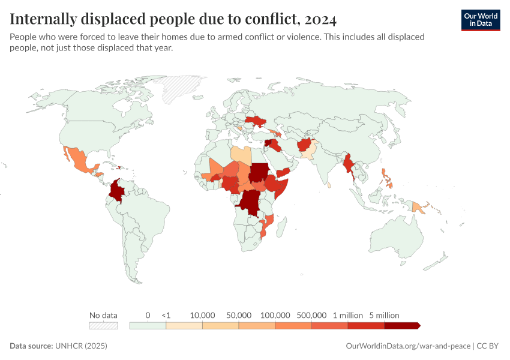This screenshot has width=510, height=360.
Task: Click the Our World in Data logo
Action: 480,20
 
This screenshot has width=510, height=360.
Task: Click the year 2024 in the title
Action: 320,19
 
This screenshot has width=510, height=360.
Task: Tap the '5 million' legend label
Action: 384,315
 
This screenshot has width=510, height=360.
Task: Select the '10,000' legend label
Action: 202,315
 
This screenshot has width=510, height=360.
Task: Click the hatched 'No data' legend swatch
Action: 103,325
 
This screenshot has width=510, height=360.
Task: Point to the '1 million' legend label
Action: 348,315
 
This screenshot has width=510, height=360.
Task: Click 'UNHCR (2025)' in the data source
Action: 81,346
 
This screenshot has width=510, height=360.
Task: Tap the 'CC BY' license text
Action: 488,346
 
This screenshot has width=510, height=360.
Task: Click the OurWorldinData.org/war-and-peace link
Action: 409,346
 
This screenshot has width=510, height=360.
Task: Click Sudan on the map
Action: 259,172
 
